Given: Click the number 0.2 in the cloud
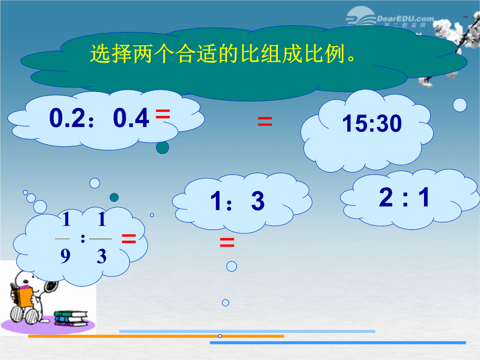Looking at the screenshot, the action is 67,118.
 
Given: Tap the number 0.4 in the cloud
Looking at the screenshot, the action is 131,118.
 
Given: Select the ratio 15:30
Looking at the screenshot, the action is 372,124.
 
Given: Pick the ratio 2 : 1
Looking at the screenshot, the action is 404,197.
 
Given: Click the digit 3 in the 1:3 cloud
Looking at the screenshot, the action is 258,201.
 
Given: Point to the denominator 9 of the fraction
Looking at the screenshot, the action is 65,256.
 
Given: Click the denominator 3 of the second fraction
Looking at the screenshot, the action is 102,256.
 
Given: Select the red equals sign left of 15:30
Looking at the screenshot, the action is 265,121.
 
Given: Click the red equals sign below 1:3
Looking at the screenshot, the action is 227,243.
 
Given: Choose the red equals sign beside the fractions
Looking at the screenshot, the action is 128,239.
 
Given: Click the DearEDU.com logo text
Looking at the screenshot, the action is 405,19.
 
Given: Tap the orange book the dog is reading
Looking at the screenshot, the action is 24,296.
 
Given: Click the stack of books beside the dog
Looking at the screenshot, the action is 71,318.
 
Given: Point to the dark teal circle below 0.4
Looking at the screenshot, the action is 163,148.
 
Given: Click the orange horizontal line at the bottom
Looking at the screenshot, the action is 156,336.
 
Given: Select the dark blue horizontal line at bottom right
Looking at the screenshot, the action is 338,343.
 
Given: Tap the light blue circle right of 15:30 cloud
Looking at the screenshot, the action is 460,105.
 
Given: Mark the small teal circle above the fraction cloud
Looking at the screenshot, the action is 114,197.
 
